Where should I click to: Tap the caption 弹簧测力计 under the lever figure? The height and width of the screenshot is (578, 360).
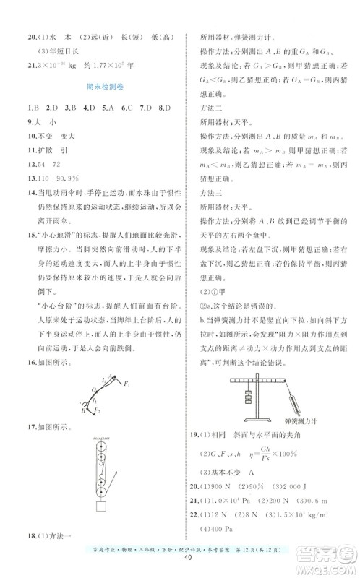pyautogui.click(x=300, y=418)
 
